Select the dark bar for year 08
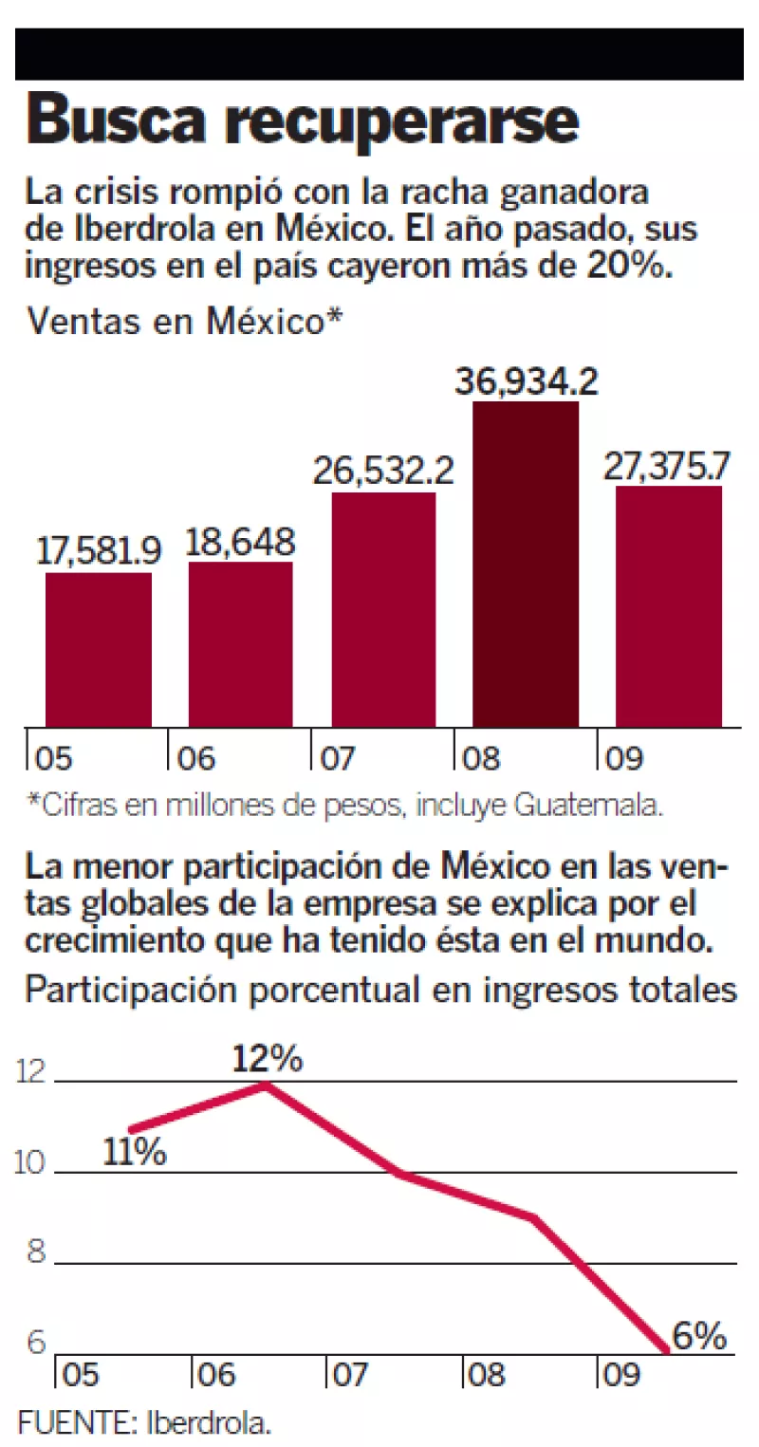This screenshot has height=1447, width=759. click(x=526, y=565)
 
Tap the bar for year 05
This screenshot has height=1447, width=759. click(x=99, y=650)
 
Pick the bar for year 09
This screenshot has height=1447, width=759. click(x=669, y=607)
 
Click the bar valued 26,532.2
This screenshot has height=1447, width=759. click(x=383, y=610)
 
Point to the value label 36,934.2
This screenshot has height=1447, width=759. click(x=526, y=381)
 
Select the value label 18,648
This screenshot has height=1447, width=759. click(x=241, y=543)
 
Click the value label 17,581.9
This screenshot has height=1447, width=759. click(x=99, y=551)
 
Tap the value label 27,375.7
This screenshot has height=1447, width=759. click(x=670, y=466)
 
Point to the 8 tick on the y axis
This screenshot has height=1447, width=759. click(x=36, y=1252)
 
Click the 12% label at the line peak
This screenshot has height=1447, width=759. click(x=268, y=1059)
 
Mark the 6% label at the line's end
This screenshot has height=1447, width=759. click(x=699, y=1337)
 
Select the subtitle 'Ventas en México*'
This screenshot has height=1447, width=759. click(x=184, y=323)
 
